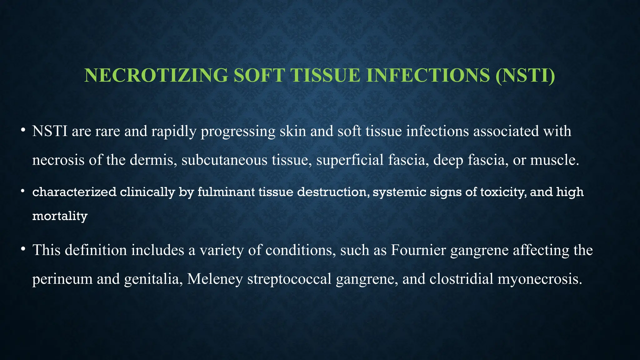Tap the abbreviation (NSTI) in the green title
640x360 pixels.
coord(525,75)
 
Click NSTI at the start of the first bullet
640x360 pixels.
coord(50,131)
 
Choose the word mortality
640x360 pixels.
coord(60,216)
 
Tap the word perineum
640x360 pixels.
coord(62,279)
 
